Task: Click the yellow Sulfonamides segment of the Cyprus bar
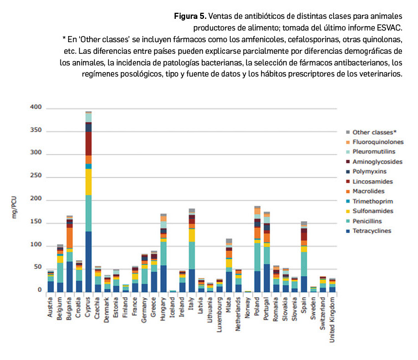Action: click(x=88, y=181)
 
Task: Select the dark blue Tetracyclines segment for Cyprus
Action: click(x=88, y=261)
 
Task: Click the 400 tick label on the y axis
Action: click(x=36, y=107)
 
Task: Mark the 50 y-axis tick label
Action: click(x=38, y=267)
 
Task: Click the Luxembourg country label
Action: click(x=220, y=312)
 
